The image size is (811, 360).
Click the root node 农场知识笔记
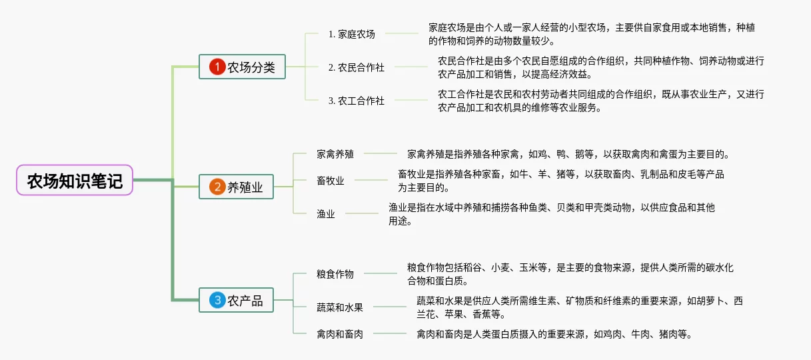pyautogui.click(x=75, y=180)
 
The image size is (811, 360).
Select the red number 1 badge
pyautogui.click(x=217, y=67)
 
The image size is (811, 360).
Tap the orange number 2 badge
pyautogui.click(x=217, y=187)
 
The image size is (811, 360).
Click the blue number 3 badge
pyautogui.click(x=217, y=301)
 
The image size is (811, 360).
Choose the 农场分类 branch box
pyautogui.click(x=242, y=67)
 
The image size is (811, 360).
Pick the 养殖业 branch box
pyautogui.click(x=242, y=187)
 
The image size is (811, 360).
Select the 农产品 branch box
pyautogui.click(x=242, y=301)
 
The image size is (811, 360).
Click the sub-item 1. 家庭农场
pyautogui.click(x=351, y=34)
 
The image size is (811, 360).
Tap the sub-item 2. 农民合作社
pyautogui.click(x=356, y=67)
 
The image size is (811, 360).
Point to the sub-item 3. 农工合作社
pyautogui.click(x=356, y=101)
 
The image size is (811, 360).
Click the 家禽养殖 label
pyautogui.click(x=335, y=154)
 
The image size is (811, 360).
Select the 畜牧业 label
pyautogui.click(x=331, y=181)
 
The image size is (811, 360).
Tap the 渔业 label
pyautogui.click(x=326, y=214)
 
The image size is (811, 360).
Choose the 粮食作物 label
pyautogui.click(x=335, y=274)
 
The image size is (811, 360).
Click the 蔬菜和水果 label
pyautogui.click(x=340, y=307)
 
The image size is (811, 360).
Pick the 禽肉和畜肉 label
pyautogui.click(x=340, y=334)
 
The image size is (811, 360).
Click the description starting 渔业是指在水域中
pyautogui.click(x=552, y=214)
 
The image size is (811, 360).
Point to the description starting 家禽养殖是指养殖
pyautogui.click(x=568, y=154)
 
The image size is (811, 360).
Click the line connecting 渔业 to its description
pyautogui.click(x=361, y=213)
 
